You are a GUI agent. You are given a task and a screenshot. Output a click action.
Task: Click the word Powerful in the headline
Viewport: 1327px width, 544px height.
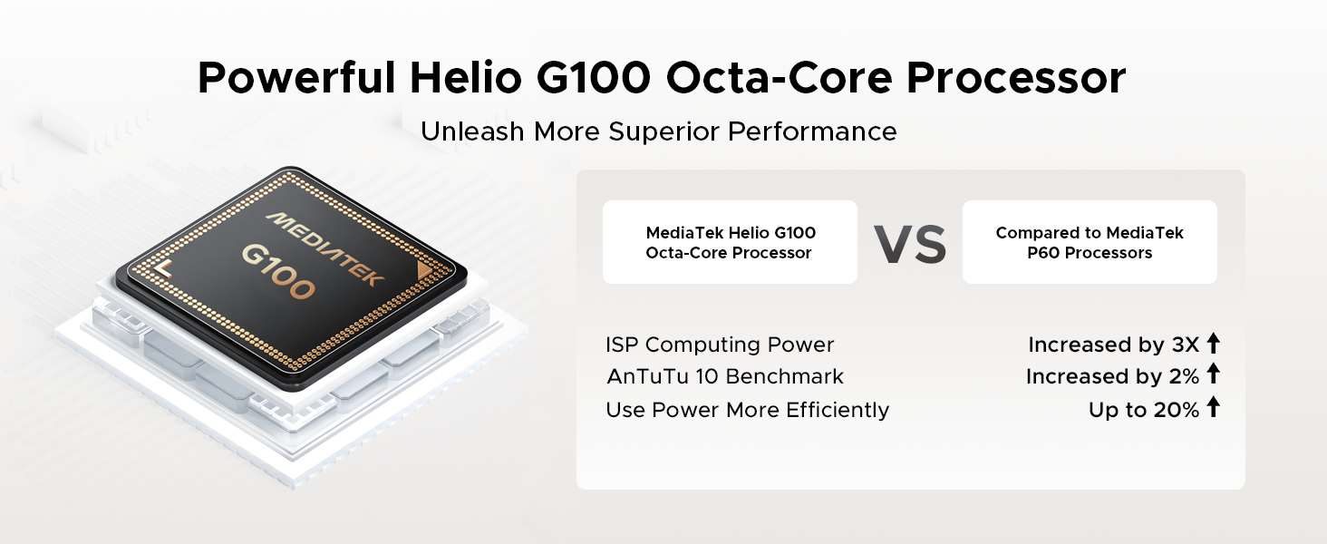pos(296,78)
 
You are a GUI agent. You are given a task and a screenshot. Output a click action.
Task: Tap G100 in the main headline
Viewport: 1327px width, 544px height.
pos(594,78)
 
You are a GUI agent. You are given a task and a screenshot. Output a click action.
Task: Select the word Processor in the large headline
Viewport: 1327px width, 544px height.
pos(1016,78)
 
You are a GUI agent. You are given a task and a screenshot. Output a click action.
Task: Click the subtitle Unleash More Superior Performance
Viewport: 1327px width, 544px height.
pos(659,131)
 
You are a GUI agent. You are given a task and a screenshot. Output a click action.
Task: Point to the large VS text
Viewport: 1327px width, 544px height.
pos(910,245)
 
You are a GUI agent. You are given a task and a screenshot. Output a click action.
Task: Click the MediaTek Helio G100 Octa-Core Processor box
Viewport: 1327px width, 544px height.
pos(730,242)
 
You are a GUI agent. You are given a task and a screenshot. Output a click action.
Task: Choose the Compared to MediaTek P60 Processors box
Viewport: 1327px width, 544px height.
pos(1090,242)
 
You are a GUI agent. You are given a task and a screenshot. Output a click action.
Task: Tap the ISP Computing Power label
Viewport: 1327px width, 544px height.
pos(719,345)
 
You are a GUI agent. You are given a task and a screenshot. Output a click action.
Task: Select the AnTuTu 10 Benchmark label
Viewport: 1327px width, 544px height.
pos(725,376)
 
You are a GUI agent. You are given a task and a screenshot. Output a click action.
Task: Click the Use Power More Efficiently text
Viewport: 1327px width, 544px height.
pos(747,410)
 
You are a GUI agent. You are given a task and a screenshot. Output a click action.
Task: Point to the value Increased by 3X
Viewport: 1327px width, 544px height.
pos(1114,345)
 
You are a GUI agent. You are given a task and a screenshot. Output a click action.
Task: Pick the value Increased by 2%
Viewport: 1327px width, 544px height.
pos(1112,376)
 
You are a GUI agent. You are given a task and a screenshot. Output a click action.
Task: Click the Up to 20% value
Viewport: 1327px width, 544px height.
pos(1144,410)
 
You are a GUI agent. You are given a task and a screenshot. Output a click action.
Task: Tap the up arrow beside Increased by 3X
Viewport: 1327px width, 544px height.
pos(1214,343)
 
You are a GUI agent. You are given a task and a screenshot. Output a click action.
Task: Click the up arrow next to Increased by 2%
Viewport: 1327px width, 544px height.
pos(1214,374)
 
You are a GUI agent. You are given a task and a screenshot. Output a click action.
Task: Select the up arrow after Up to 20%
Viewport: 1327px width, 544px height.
pos(1214,406)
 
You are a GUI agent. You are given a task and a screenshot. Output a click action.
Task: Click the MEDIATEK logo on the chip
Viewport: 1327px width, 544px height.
pos(325,249)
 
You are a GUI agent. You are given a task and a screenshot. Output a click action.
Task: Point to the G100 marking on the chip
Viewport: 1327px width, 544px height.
pos(278,271)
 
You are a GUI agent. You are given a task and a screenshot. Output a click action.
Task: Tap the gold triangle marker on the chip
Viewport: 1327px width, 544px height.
pos(425,271)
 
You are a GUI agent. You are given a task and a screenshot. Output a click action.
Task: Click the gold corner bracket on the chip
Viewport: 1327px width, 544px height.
pos(161,268)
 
